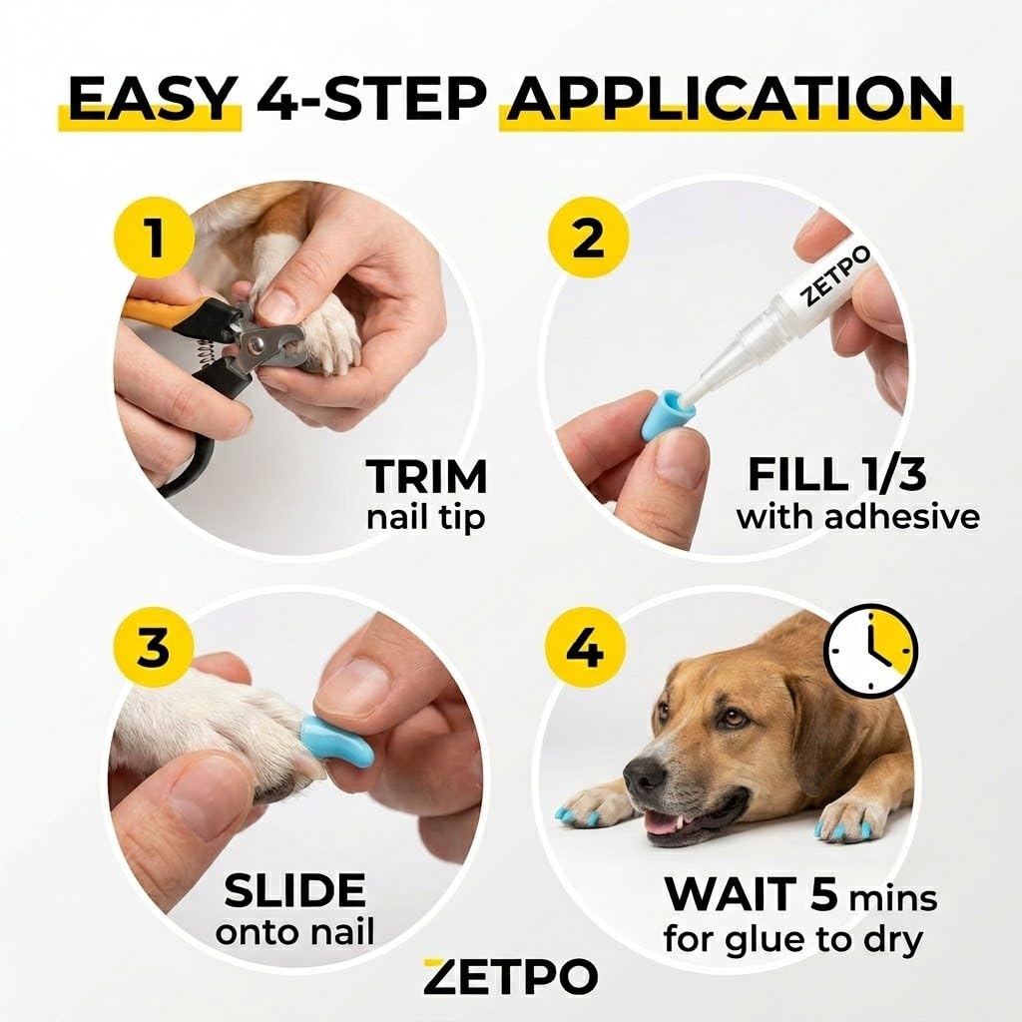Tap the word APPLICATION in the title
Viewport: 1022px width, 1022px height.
[731, 100]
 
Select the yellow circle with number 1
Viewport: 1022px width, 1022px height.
[155, 239]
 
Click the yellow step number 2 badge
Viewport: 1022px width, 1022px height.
[588, 239]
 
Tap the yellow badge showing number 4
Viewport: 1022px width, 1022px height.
[585, 647]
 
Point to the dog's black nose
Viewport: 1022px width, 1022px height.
[646, 773]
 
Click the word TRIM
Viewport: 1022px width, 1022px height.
[426, 476]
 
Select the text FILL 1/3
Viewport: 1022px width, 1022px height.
[837, 474]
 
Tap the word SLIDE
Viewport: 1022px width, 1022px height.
[294, 890]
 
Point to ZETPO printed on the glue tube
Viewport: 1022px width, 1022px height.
[835, 276]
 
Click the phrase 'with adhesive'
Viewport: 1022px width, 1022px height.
[857, 518]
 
